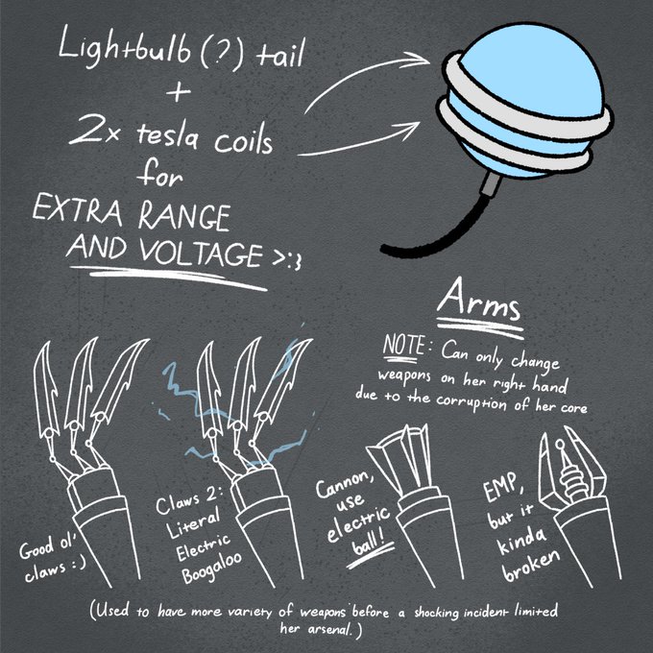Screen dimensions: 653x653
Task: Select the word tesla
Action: (164, 144)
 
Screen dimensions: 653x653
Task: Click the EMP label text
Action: (493, 498)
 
